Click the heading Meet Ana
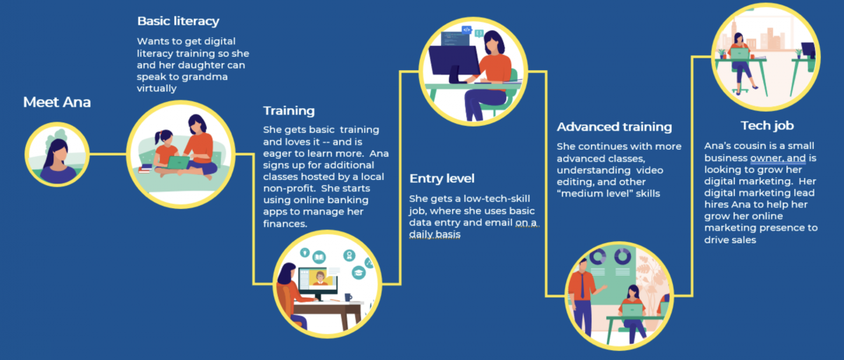point(57,103)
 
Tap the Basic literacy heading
point(178,21)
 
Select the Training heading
point(288,110)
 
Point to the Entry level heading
point(442,178)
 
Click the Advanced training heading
point(614,127)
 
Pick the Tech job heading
point(767,126)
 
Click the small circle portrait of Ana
point(57,155)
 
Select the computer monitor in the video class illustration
point(318,281)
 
